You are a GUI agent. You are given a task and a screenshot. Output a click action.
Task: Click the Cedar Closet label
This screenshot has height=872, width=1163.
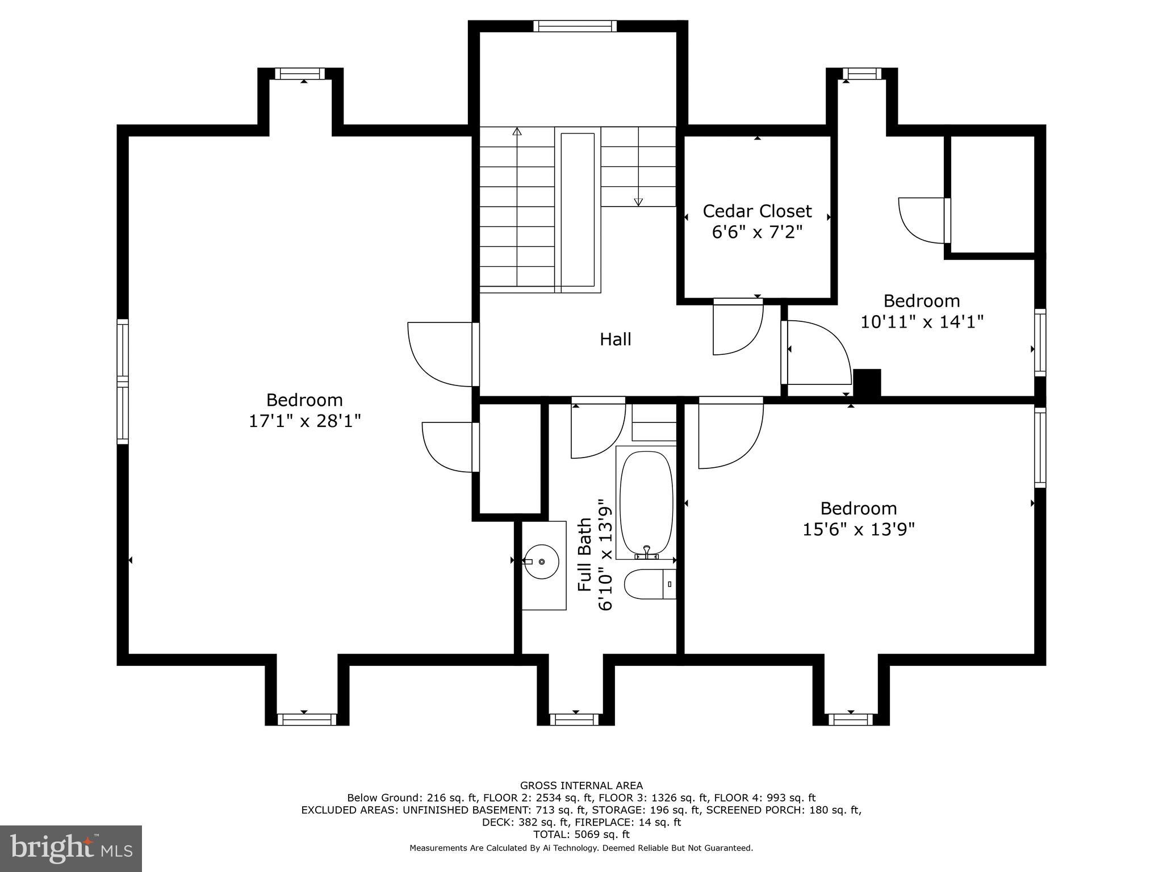tap(757, 211)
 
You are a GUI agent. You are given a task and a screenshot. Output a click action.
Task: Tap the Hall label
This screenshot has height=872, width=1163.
tap(616, 339)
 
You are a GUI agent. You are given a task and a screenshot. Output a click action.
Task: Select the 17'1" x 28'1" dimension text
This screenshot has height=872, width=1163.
tap(305, 421)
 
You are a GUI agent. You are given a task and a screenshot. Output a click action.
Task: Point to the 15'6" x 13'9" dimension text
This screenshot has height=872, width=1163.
tap(858, 530)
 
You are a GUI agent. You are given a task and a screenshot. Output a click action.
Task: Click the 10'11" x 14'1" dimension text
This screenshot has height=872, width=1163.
tap(922, 322)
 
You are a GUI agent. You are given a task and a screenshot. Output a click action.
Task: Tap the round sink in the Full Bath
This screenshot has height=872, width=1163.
tap(541, 561)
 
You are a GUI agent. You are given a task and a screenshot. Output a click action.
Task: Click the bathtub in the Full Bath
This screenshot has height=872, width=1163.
tap(646, 502)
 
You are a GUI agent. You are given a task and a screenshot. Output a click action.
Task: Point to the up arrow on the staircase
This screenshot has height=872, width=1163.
tap(517, 132)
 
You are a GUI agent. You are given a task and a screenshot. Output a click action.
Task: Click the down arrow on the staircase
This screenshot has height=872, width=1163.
tap(638, 202)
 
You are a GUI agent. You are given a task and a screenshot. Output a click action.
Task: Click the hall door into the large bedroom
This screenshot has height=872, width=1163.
tap(440, 355)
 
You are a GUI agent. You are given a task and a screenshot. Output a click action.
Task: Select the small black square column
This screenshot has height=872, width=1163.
tap(867, 383)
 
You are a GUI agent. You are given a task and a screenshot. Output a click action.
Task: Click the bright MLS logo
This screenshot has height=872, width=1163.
tap(71, 848)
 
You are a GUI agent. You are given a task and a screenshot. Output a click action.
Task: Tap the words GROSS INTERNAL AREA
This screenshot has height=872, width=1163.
tap(581, 786)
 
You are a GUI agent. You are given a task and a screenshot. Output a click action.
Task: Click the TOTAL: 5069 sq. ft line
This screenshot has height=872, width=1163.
tap(581, 835)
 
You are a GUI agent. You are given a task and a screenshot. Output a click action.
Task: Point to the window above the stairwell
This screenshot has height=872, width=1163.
tap(575, 26)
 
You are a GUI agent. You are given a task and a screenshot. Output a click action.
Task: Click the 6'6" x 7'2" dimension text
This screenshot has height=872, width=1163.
tap(757, 232)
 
